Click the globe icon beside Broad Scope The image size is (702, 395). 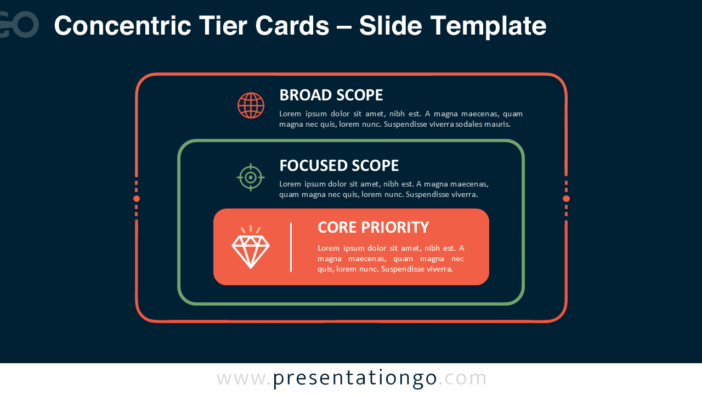(251, 105)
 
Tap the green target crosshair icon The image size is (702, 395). (251, 177)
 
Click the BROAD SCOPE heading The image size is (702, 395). (331, 95)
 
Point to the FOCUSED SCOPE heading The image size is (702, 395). (339, 166)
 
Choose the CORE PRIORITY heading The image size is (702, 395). (373, 227)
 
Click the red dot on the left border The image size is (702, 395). (137, 199)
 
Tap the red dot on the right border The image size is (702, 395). (566, 199)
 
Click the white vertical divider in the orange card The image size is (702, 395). (291, 247)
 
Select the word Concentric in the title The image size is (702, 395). (122, 26)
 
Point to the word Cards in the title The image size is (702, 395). (292, 26)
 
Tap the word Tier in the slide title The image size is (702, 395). (223, 26)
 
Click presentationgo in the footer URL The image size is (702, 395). (355, 379)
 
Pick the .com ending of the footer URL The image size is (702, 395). (462, 378)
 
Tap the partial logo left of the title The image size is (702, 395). (19, 25)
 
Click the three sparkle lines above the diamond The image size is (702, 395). (251, 229)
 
